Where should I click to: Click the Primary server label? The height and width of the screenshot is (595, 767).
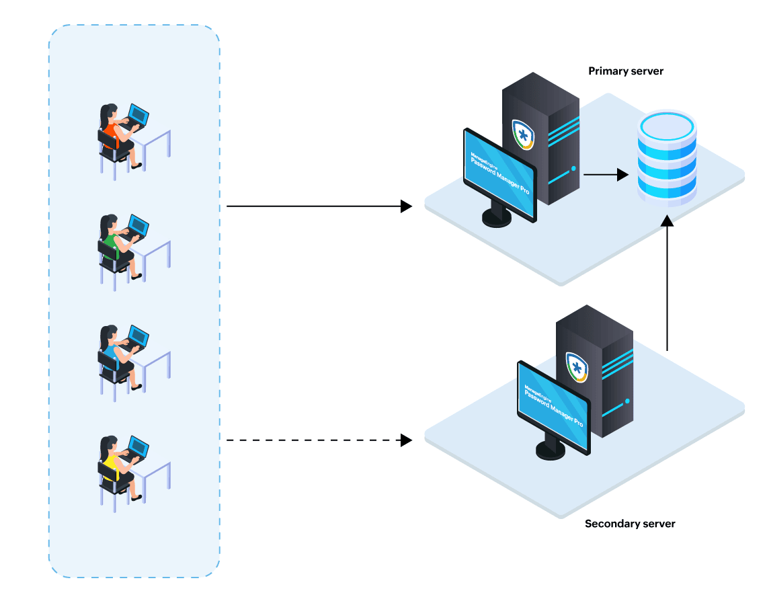[625, 71]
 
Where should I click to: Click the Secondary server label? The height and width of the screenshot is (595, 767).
[630, 524]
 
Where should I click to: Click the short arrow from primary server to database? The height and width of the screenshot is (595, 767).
[605, 175]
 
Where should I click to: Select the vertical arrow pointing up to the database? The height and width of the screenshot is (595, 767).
[667, 282]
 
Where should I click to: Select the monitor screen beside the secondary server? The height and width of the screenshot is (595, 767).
[553, 407]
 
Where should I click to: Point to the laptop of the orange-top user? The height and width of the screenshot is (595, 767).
[138, 116]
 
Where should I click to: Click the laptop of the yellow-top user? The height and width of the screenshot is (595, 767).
[138, 448]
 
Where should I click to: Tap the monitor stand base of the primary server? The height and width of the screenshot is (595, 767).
[497, 218]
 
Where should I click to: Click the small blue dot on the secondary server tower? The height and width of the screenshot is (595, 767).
[627, 401]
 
